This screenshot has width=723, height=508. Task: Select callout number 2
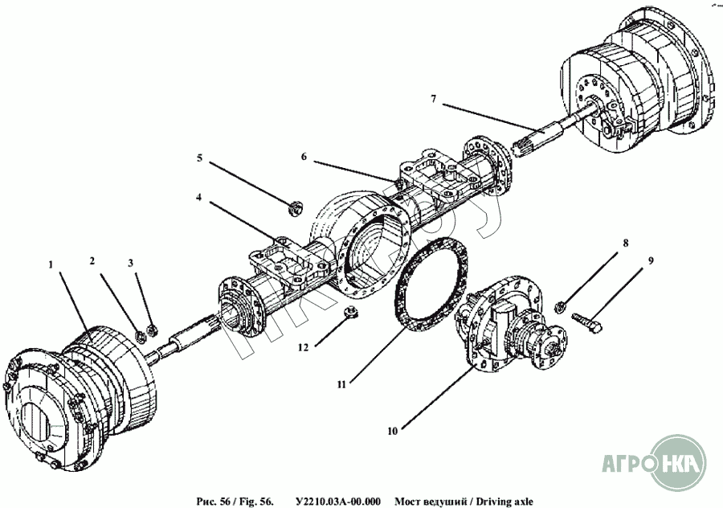point(92,261)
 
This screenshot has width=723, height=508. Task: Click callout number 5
point(199,158)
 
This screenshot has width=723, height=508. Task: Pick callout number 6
point(304,157)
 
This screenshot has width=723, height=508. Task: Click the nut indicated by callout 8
point(563,305)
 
